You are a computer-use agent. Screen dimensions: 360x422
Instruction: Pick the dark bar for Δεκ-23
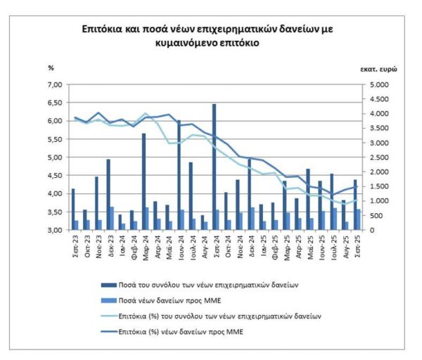tap(108, 194)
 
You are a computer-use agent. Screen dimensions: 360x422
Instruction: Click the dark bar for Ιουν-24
tap(179, 175)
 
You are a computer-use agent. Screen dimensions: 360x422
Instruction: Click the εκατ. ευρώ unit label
tap(376, 72)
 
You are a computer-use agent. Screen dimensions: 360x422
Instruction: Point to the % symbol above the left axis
tap(51, 67)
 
